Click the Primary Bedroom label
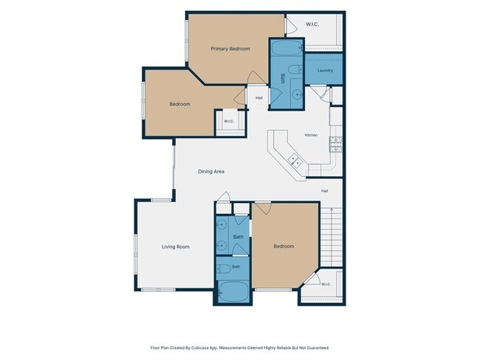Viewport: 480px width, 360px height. pyautogui.click(x=230, y=49)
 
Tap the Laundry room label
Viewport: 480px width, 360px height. pyautogui.click(x=325, y=70)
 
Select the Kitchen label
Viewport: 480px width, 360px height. pyautogui.click(x=311, y=135)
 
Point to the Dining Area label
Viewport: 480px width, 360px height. pyautogui.click(x=211, y=171)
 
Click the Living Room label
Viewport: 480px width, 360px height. pyautogui.click(x=176, y=246)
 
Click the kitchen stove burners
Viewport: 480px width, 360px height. pyautogui.click(x=336, y=144)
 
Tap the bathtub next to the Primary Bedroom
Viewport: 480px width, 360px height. pyautogui.click(x=287, y=49)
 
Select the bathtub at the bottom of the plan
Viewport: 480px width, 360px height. pyautogui.click(x=234, y=292)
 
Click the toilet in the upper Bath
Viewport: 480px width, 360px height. pyautogui.click(x=295, y=69)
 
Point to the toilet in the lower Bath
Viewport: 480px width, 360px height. pyautogui.click(x=224, y=269)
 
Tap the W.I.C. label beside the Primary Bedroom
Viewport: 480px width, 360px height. pyautogui.click(x=312, y=24)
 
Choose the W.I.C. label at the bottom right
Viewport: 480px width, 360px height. pyautogui.click(x=326, y=284)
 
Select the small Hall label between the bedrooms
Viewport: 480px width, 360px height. pyautogui.click(x=259, y=98)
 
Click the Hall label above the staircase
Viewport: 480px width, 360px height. pyautogui.click(x=324, y=191)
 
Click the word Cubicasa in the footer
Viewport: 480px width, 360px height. pyautogui.click(x=199, y=347)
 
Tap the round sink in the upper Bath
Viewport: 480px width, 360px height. pyautogui.click(x=297, y=95)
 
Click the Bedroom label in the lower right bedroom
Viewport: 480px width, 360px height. pyautogui.click(x=284, y=246)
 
